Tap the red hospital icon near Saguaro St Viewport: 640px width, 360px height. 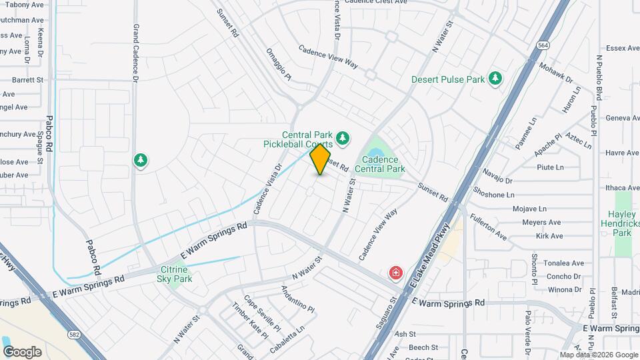396,273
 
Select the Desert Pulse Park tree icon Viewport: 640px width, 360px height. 495,79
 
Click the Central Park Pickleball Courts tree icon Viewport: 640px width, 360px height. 343,137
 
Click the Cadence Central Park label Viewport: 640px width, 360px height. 380,164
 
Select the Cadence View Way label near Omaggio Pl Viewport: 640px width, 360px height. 328,57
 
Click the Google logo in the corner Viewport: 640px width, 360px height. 22,352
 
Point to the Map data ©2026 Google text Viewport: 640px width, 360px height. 599,355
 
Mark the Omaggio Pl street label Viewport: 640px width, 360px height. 279,64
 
